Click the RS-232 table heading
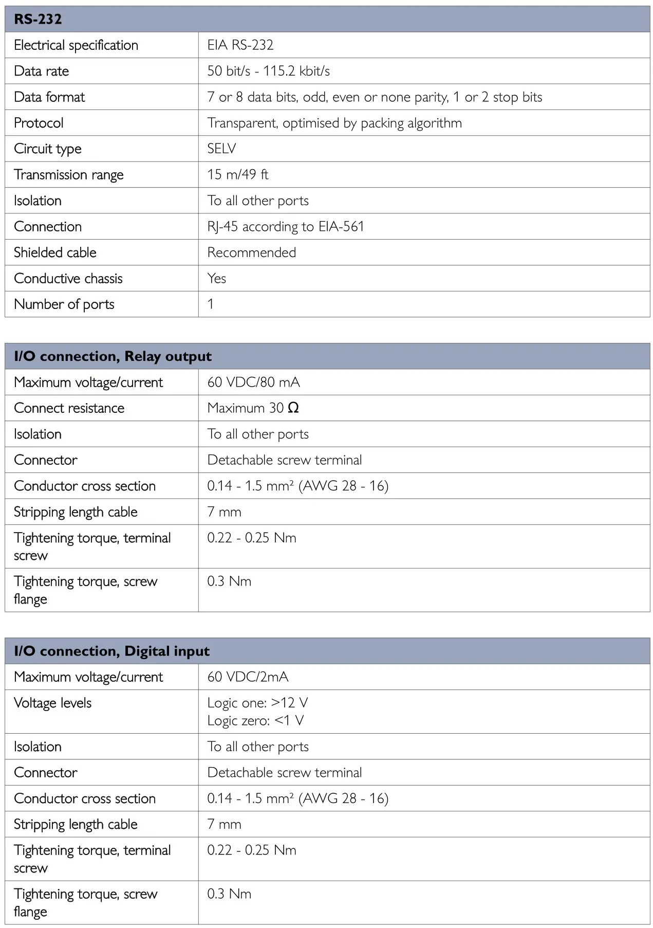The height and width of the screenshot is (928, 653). [x=38, y=20]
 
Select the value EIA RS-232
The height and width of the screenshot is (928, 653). [x=240, y=45]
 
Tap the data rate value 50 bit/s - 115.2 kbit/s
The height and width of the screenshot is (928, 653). [x=268, y=71]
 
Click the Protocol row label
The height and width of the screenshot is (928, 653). [x=39, y=123]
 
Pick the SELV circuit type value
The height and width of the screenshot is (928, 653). [x=221, y=149]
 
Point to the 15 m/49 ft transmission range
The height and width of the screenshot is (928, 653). [x=237, y=175]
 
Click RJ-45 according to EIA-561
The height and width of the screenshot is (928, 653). [x=285, y=227]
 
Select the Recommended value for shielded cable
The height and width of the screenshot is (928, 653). [x=251, y=252]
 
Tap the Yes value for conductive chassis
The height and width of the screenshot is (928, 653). [x=216, y=279]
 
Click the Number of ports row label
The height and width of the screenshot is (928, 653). [x=64, y=304]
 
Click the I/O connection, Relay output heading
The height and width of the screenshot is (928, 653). [x=113, y=356]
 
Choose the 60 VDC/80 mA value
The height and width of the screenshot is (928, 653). [x=253, y=383]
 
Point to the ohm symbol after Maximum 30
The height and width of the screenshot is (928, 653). [x=293, y=408]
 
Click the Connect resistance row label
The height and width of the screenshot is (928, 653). [x=69, y=408]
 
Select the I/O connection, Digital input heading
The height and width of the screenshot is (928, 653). [x=111, y=651]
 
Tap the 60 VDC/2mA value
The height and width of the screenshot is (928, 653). [x=248, y=677]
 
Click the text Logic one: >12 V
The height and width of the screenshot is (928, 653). [x=257, y=703]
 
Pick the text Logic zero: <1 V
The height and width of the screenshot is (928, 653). [x=255, y=721]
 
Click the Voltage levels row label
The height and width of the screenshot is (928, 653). [x=52, y=703]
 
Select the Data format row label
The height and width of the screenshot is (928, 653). [x=49, y=97]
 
